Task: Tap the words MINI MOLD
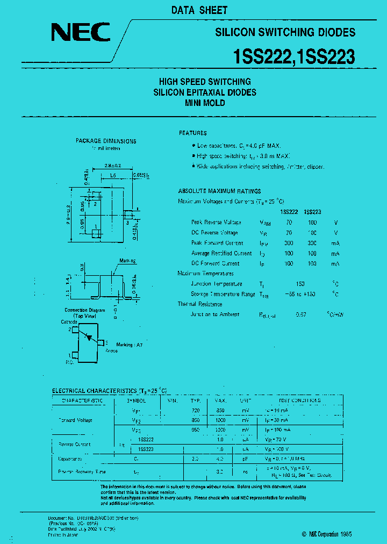click(205, 103)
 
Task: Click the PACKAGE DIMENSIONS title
click(106, 141)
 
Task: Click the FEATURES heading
click(192, 133)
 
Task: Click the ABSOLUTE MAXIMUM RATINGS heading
click(219, 191)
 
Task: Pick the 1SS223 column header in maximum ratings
click(312, 212)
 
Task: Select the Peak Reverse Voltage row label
click(216, 222)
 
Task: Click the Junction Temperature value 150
click(300, 284)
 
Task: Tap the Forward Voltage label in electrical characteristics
click(75, 420)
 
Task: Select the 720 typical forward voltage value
click(195, 410)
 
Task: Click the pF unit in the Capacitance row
click(245, 459)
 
